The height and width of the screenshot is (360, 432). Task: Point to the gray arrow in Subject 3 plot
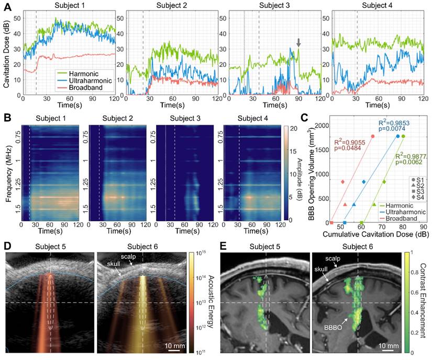pyautogui.click(x=298, y=43)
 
